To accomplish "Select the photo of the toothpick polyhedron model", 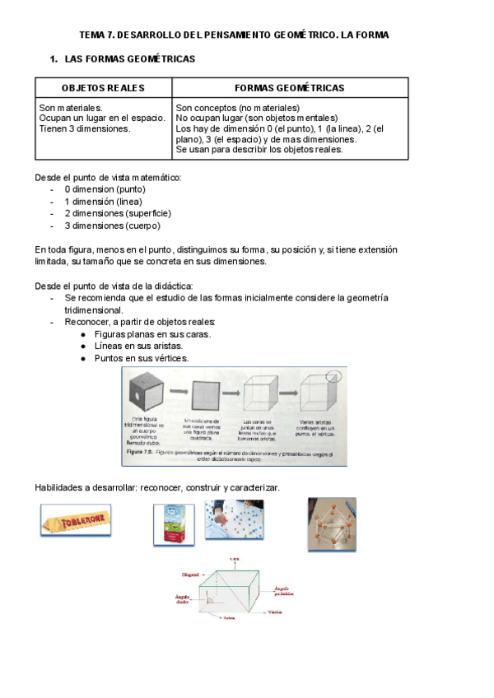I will tap(332, 523).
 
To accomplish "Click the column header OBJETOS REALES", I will tap(103, 88).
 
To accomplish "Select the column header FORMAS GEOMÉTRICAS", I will tap(290, 88).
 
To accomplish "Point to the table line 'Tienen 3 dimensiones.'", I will tap(84, 129).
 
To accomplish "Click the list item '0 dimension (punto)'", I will tap(105, 188).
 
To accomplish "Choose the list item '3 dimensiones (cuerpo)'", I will tap(112, 226).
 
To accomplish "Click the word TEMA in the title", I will tap(92, 35).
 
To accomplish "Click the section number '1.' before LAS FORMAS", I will tap(54, 60).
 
